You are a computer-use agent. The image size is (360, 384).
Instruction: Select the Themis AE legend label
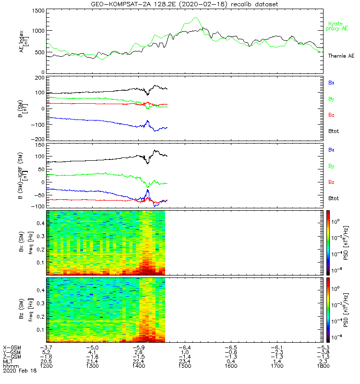[341, 56]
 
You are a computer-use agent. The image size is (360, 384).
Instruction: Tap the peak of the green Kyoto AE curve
[195, 18]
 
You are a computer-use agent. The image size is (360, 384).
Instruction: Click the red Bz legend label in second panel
[331, 115]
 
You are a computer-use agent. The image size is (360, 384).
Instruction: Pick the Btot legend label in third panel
[334, 198]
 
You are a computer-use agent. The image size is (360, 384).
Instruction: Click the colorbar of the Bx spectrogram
[328, 242]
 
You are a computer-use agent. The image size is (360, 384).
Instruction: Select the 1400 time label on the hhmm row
[139, 366]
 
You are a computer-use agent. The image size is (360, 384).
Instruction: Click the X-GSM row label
[11, 347]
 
